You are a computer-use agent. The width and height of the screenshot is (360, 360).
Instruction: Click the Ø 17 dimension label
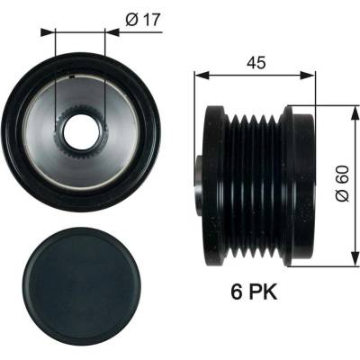point(143,20)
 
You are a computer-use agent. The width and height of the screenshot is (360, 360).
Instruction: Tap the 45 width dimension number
point(256,63)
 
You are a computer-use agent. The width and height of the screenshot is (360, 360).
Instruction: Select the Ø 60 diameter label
point(343,184)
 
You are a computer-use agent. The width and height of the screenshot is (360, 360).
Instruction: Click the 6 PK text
point(254,292)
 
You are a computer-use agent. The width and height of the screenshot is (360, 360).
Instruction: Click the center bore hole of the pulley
point(80,132)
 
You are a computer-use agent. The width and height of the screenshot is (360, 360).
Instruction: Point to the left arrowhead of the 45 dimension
point(201,76)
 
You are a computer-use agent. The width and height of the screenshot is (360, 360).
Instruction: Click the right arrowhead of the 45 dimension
point(309,76)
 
